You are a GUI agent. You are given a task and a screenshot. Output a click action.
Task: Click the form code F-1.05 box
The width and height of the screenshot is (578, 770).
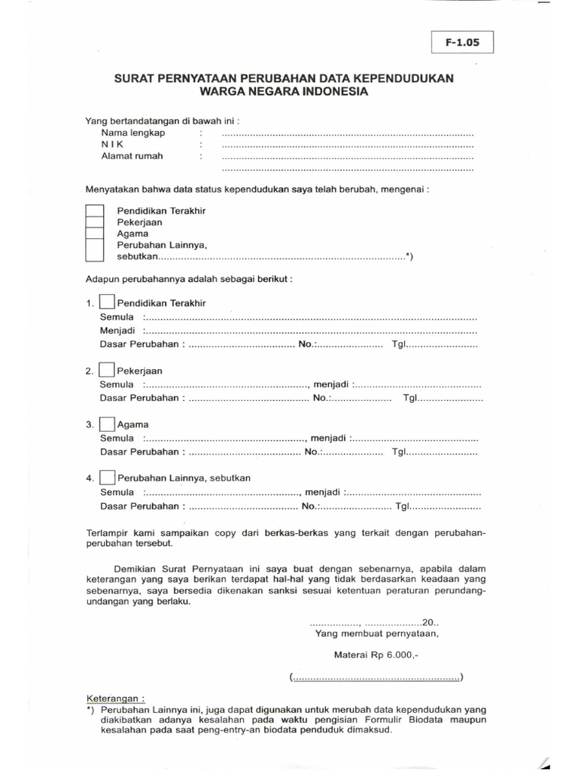(x=461, y=44)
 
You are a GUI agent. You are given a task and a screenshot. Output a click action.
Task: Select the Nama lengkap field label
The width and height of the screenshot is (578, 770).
(x=133, y=132)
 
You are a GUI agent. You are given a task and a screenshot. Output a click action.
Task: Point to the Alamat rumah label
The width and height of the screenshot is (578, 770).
(x=132, y=156)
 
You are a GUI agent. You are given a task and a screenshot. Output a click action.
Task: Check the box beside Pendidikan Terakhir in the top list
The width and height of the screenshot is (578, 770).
(x=94, y=211)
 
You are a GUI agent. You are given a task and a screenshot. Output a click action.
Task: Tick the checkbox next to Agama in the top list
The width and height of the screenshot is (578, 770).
(x=94, y=234)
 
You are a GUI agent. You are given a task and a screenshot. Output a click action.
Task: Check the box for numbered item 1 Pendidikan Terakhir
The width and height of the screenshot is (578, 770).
(x=108, y=303)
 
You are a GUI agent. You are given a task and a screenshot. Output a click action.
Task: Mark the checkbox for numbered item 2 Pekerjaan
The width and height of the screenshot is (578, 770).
(x=108, y=371)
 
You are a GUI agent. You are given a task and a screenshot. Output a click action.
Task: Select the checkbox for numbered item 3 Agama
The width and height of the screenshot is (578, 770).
(x=108, y=424)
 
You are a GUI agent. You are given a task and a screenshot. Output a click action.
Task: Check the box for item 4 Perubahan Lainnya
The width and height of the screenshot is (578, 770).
(x=108, y=477)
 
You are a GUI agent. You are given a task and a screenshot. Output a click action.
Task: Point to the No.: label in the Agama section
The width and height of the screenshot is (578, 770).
(x=312, y=452)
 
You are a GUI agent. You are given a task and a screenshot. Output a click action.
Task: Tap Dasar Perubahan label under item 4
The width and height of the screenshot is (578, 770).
(x=141, y=506)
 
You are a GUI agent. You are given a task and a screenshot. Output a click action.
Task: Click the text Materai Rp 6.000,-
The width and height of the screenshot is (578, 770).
(x=376, y=655)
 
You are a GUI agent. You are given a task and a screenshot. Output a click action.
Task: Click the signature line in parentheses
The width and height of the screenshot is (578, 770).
(x=376, y=678)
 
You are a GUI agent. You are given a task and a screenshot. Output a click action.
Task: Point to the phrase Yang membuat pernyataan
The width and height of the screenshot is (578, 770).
(x=371, y=634)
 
